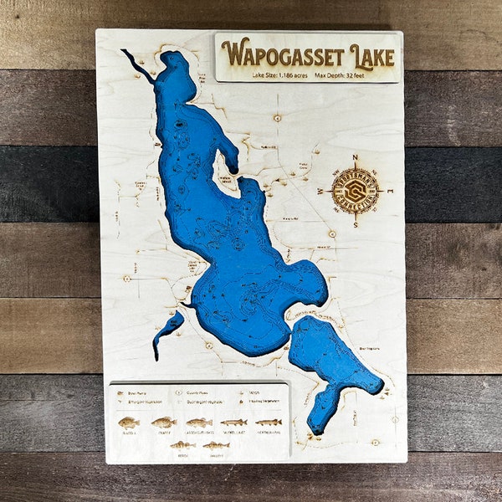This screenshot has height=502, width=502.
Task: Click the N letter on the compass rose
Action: tap(356, 156)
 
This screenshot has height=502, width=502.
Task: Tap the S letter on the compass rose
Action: tap(356, 225)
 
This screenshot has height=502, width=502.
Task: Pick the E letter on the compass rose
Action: tap(389, 192)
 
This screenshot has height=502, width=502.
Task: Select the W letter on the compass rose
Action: tap(321, 192)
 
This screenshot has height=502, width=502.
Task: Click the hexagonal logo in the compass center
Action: tap(356, 192)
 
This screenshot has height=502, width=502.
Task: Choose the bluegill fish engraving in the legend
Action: tap(129, 423)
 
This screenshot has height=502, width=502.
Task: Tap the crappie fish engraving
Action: tap(164, 423)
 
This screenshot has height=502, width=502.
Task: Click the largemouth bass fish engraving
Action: tap(199, 423)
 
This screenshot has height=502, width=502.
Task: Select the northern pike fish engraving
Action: tap(268, 423)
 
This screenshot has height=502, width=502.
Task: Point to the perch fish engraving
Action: tap(182, 445)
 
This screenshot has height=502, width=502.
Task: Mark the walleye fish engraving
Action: tap(216, 445)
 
